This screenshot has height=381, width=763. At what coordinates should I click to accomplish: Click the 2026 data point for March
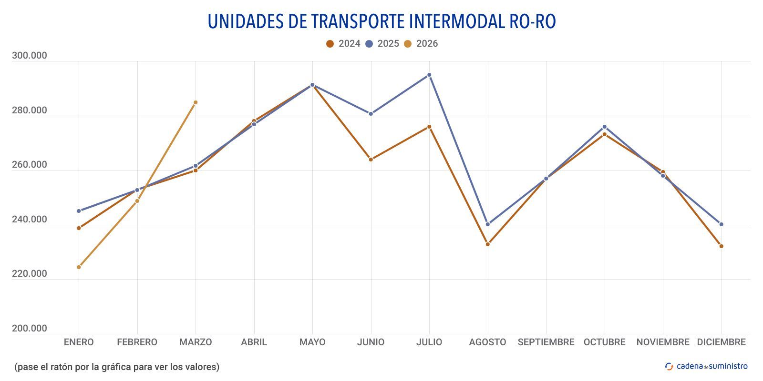coord(196,102)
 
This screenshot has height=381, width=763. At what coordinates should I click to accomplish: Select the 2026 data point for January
coord(79,267)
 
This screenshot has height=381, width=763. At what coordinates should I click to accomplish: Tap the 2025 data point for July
coord(429,75)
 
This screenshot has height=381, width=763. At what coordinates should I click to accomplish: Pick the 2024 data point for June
coord(371,160)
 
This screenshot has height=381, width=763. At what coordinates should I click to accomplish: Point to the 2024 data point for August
coord(487,244)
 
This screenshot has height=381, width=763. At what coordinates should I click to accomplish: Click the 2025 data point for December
coord(721,224)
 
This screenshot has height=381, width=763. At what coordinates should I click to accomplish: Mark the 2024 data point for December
coord(721,246)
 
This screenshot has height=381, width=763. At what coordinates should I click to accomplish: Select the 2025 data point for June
coord(371,114)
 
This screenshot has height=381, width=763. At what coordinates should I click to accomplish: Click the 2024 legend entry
coord(343,44)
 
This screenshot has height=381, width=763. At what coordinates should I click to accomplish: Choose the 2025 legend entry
coord(382,44)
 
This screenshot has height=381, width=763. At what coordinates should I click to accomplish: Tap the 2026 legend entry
coord(421,44)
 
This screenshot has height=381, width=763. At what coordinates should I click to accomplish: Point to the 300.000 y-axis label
coord(30,56)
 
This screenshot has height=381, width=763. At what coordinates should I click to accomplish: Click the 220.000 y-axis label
coord(30,274)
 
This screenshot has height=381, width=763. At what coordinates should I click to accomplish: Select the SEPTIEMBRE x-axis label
coord(546,342)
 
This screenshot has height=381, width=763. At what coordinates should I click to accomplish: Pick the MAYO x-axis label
coord(312,342)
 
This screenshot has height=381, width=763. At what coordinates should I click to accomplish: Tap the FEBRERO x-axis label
coord(137,342)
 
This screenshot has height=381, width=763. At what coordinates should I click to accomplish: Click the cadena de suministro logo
coord(706,366)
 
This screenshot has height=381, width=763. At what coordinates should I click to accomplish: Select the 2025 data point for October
coord(604,127)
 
